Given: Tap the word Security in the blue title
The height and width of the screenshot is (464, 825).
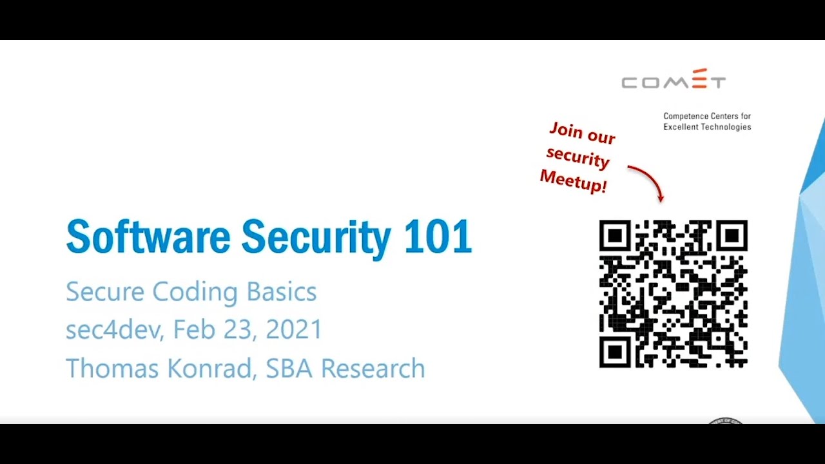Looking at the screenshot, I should click(316, 238).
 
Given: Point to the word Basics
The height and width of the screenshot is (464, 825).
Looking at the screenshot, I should click(282, 292).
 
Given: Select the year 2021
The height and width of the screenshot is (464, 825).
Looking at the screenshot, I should click(294, 330).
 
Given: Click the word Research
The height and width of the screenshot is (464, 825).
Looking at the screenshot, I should click(373, 369).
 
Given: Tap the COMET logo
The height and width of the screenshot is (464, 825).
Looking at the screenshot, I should click(674, 80).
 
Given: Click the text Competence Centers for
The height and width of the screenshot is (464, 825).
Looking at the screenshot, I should click(707, 117).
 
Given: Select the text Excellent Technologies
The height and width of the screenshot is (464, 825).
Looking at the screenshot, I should click(707, 127).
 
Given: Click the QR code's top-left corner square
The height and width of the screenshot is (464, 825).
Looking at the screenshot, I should click(615, 236).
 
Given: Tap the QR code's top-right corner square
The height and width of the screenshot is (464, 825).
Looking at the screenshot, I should click(732, 236).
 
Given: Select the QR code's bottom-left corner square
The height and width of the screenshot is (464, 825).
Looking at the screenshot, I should click(615, 352).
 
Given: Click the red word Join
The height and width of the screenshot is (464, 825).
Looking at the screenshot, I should click(565, 130).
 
